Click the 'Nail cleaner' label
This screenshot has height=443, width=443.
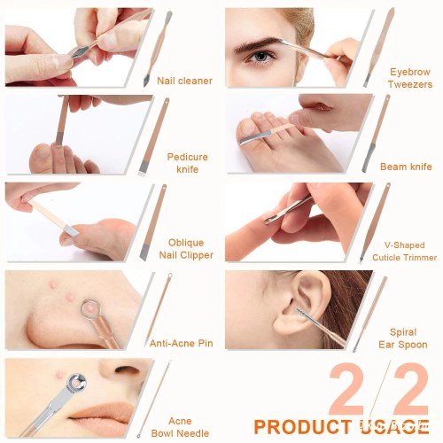coord(184,81)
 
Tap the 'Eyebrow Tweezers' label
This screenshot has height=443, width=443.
coord(410,78)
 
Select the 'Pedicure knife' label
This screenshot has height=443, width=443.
coord(187,163)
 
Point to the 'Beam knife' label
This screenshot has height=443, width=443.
coord(406,167)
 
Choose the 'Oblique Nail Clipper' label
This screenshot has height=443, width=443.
coord(186,249)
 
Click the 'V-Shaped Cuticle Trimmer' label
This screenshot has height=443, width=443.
coord(404,251)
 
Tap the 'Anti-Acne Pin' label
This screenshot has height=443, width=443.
coord(182,343)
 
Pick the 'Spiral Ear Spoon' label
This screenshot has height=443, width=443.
coord(403,338)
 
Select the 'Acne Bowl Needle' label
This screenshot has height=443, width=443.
coord(180,427)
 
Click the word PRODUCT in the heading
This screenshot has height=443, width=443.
coord(302,427)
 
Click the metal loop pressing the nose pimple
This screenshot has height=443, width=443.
coord(91,309)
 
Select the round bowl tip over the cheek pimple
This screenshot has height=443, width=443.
coord(77,383)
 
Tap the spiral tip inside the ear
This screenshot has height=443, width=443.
coord(302,312)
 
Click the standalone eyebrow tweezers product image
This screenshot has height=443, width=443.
coord(380,47)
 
